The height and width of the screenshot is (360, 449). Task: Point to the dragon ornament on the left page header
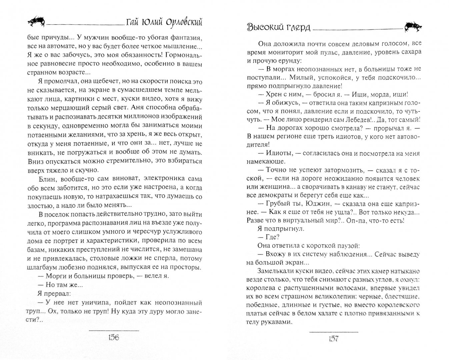(35, 22)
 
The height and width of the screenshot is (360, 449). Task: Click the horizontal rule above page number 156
(114, 330)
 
